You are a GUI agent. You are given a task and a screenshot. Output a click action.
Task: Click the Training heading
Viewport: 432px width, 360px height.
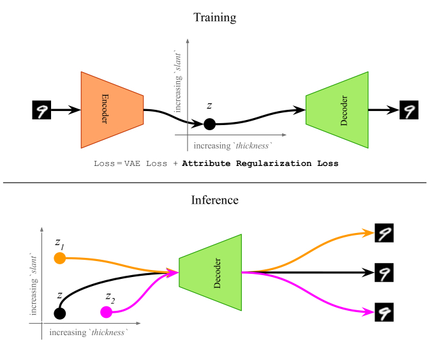tap(215, 17)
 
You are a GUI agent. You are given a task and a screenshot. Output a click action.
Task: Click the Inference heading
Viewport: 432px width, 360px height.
tap(215, 200)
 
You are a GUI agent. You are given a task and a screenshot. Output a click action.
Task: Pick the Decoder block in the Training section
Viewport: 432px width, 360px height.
tap(338, 110)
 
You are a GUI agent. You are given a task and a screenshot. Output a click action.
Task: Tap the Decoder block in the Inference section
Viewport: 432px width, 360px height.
tap(211, 273)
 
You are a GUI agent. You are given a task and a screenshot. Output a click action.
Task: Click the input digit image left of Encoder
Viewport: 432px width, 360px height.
tap(41, 110)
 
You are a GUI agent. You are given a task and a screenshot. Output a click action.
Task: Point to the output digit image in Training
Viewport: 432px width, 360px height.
tap(408, 110)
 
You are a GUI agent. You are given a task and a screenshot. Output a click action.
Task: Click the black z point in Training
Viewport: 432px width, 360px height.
tap(209, 124)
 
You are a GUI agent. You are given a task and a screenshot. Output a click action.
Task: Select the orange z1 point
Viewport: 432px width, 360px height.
tap(60, 258)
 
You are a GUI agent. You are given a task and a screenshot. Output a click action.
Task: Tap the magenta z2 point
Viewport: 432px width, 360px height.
tap(107, 311)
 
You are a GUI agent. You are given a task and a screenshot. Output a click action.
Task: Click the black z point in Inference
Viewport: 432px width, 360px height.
tap(60, 313)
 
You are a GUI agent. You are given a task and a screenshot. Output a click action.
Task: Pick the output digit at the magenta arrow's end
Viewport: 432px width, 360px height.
tap(384, 312)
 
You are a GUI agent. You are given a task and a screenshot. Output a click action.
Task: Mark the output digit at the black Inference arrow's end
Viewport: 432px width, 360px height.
tap(384, 273)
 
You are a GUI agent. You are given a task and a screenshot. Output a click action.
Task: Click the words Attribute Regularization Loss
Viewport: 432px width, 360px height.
tap(260, 163)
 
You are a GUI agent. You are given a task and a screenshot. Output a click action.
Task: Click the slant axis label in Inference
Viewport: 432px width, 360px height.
tap(34, 285)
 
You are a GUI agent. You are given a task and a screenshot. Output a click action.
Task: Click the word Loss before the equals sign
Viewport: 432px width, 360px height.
tap(103, 163)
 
